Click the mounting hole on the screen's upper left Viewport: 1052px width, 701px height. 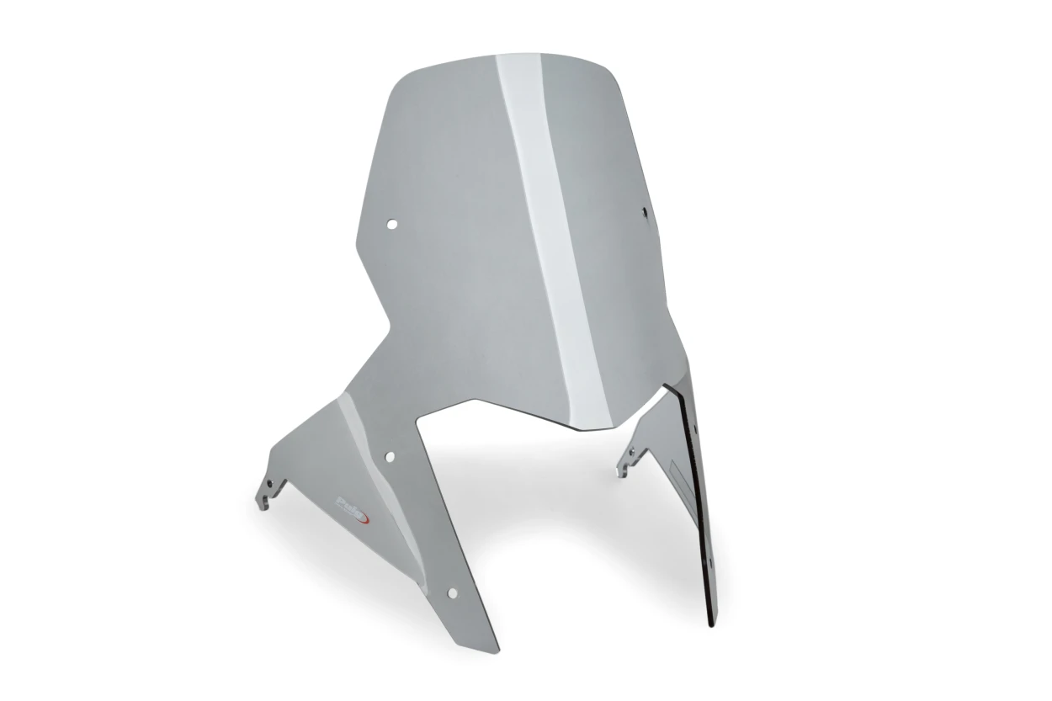391,224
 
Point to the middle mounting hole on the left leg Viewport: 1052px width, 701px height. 390,456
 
